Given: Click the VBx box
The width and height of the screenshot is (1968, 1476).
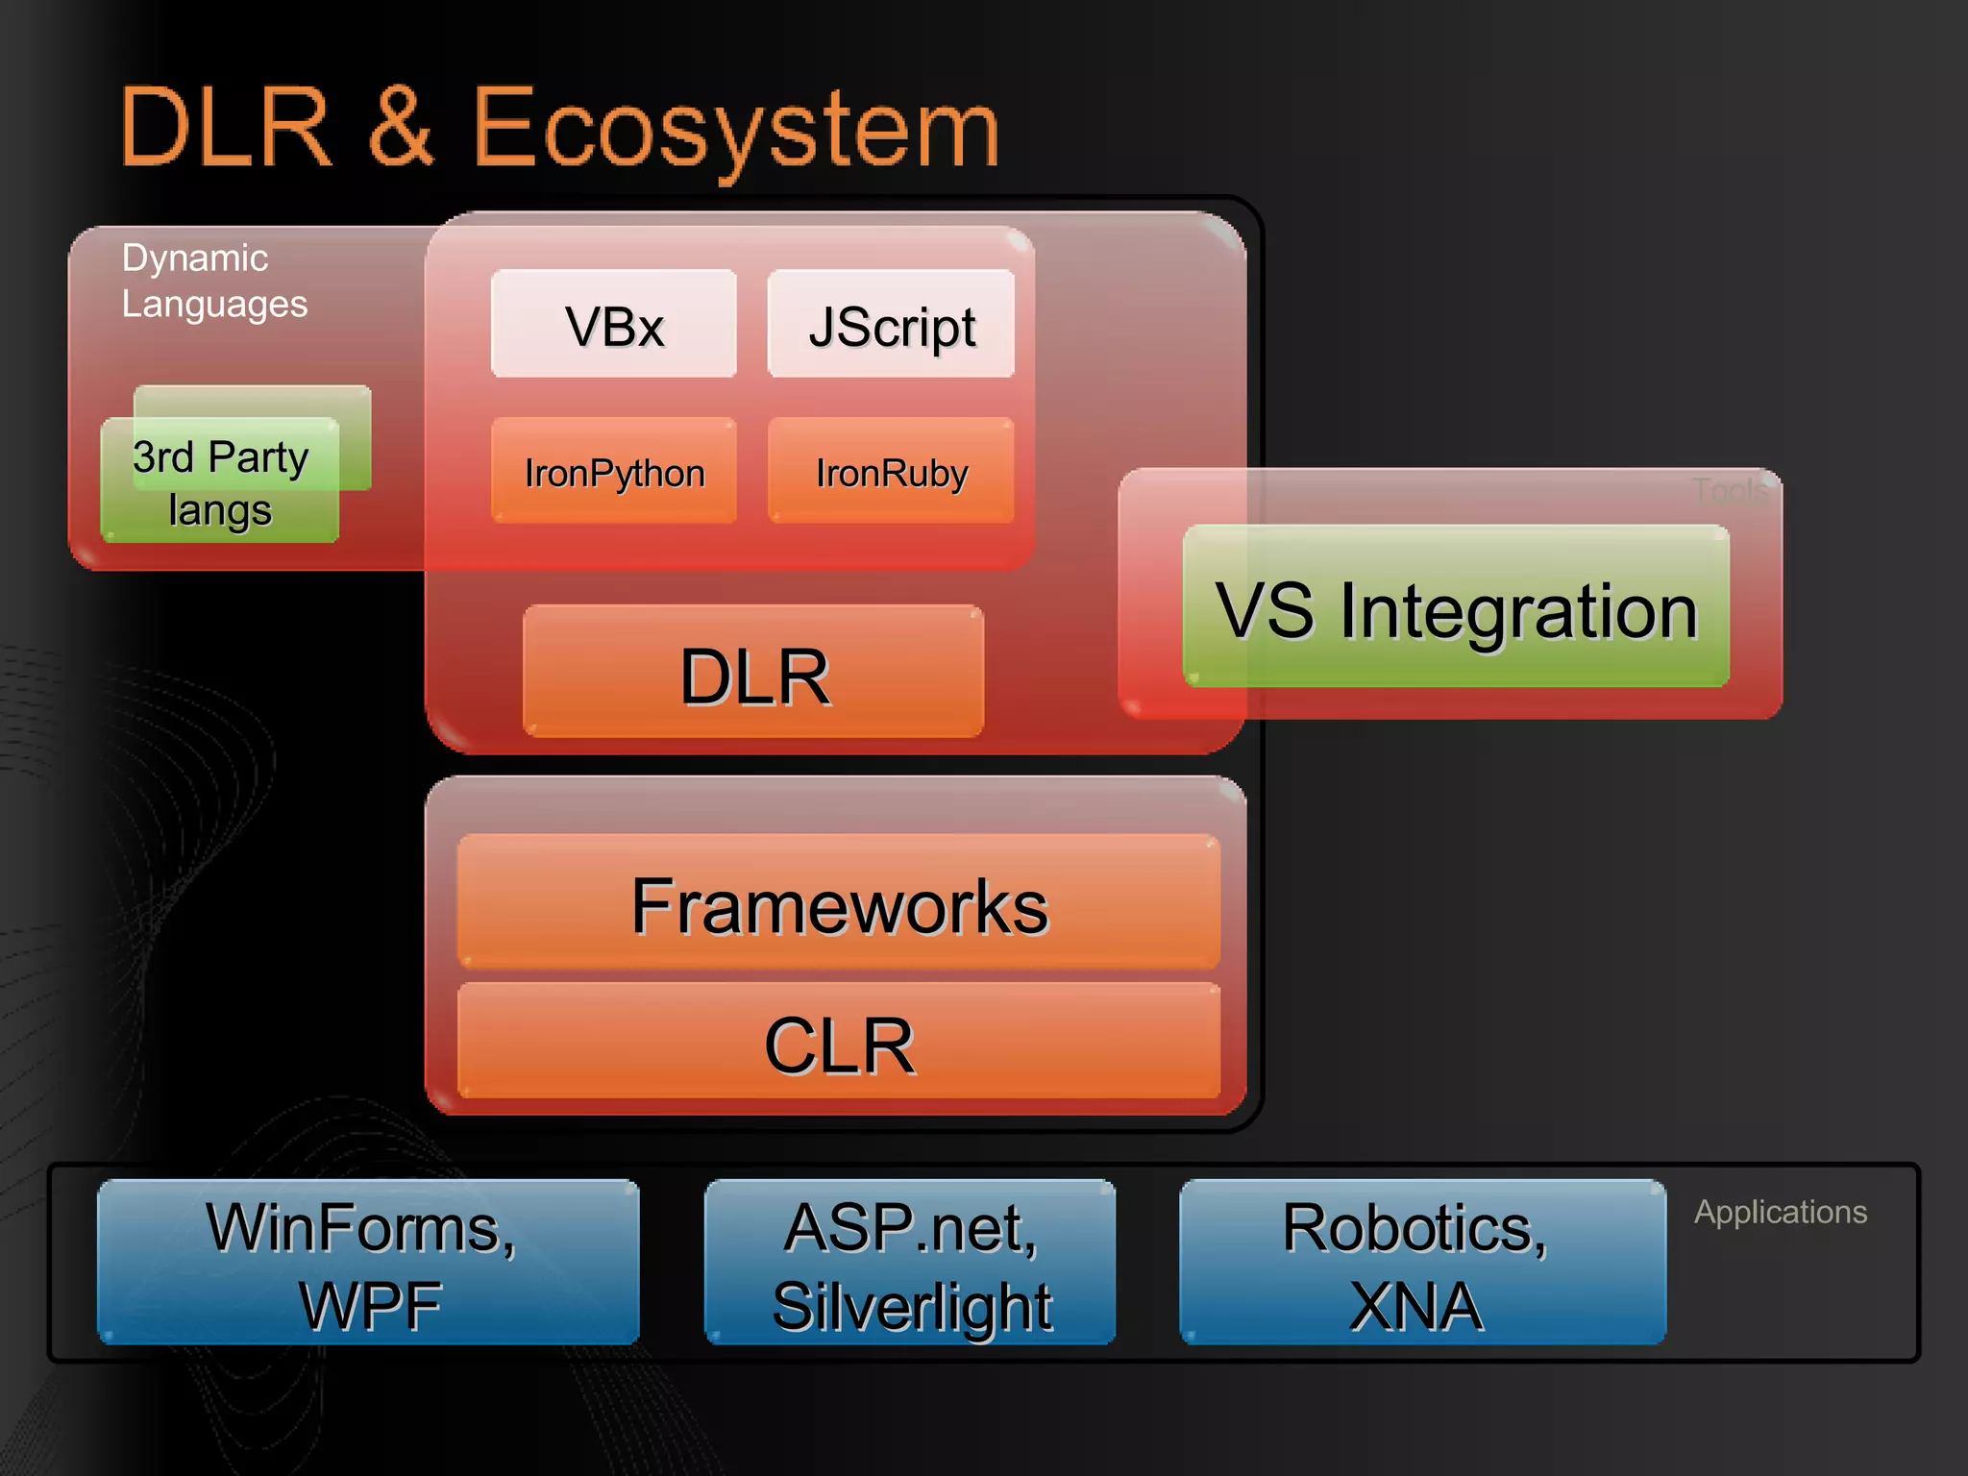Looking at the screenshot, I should point(614,325).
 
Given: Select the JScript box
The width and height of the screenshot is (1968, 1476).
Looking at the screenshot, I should point(891,325).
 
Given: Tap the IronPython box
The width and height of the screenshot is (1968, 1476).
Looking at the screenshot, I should point(614,472).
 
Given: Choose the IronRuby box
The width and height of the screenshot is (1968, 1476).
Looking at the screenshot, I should point(891,472).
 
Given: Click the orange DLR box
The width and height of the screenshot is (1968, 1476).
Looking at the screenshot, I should point(753,674).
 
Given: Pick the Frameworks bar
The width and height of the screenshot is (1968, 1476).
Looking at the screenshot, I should point(839,904).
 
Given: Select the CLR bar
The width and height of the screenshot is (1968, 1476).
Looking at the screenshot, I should point(839,1044).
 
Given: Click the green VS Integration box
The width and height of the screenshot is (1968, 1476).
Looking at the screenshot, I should point(1456,607).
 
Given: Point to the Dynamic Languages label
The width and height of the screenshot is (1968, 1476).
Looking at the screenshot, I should point(213,281).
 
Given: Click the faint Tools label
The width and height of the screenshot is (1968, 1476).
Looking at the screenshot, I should point(1729,491).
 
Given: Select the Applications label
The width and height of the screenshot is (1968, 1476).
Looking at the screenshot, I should point(1780,1212).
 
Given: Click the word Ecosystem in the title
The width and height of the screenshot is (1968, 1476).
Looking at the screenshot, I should point(735,129).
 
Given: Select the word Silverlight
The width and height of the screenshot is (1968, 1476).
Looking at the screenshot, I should point(912,1306).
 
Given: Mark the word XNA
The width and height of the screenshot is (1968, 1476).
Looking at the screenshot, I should point(1415,1306).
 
